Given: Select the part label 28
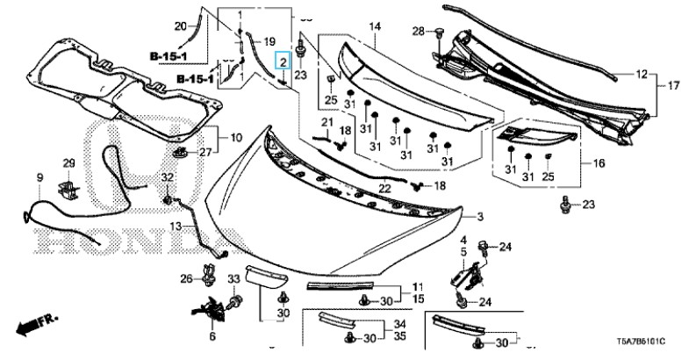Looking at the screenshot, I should [419, 32].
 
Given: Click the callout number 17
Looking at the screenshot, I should [674, 86].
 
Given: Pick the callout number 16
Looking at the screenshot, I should [599, 163].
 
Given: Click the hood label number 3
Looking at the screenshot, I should [480, 216].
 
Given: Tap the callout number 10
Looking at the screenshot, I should [235, 138].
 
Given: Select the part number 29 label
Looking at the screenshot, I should [68, 164].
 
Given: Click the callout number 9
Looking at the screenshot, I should [39, 178].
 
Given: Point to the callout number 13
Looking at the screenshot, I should [176, 226].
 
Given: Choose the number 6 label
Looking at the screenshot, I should [212, 336].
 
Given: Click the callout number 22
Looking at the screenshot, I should [384, 189].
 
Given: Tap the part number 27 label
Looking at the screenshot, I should [206, 153].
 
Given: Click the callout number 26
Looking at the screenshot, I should [185, 279].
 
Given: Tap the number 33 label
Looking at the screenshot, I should [233, 279].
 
